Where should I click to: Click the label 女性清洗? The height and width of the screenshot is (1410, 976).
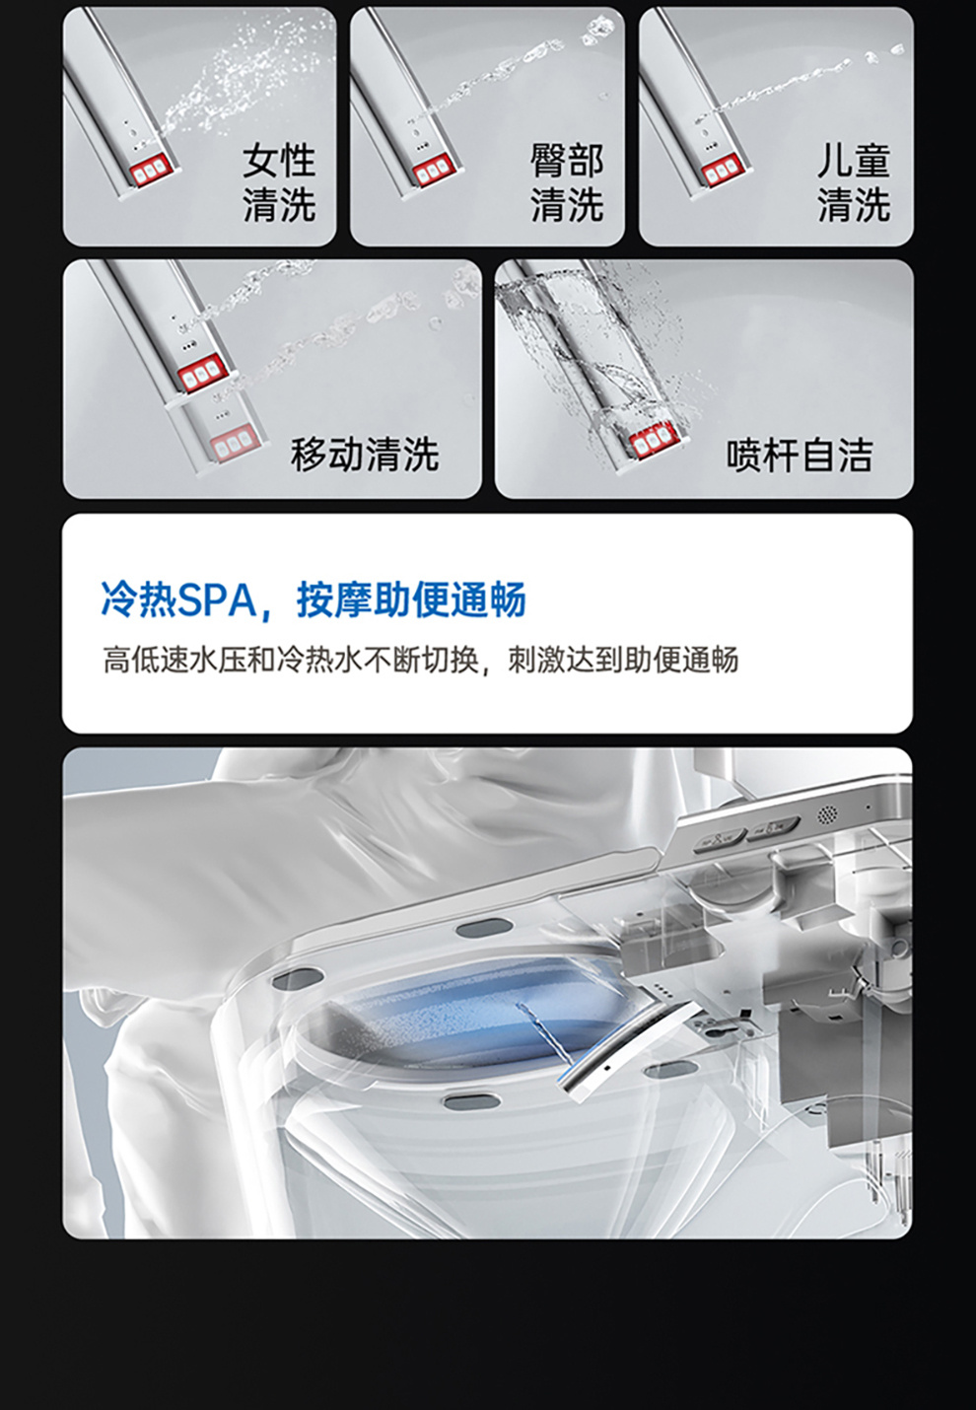click(x=279, y=182)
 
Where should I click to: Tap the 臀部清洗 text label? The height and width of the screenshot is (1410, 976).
click(x=566, y=182)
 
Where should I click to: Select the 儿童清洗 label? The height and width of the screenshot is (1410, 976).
click(x=853, y=182)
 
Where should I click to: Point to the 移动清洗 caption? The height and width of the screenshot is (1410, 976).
click(x=364, y=455)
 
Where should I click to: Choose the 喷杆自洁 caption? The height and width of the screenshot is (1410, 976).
click(x=799, y=455)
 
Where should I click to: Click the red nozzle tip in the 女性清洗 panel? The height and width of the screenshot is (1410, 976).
click(x=151, y=173)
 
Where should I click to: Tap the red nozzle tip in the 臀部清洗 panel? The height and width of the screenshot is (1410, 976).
click(x=435, y=172)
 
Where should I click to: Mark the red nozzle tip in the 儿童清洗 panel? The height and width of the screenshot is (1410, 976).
click(x=722, y=173)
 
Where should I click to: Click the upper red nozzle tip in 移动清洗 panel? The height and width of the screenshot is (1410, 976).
click(x=201, y=375)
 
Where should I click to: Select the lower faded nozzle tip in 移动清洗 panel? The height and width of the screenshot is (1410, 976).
click(x=235, y=446)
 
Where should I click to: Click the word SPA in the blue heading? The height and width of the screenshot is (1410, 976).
click(x=217, y=599)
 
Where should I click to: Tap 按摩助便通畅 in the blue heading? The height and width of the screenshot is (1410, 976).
click(x=411, y=599)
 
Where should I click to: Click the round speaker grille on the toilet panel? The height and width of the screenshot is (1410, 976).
click(x=827, y=814)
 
